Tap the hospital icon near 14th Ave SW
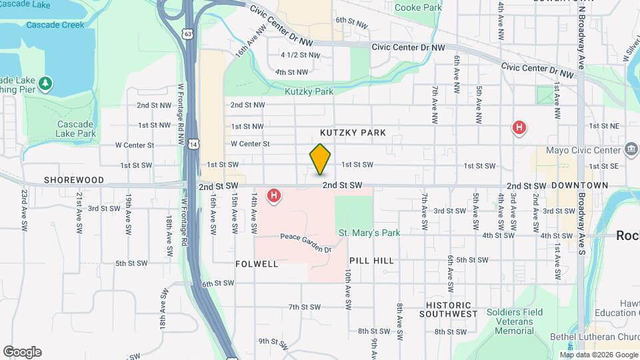tap(273, 196)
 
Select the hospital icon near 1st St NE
tap(519, 127)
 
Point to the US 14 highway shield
tap(193, 144)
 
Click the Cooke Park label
tap(418, 7)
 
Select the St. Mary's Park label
tap(369, 233)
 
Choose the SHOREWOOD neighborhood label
tap(74, 180)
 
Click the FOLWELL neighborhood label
tap(257, 264)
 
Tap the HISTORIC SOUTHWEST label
tap(452, 309)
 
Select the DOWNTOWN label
tap(579, 185)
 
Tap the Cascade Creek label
tap(55, 25)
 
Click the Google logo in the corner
tap(21, 352)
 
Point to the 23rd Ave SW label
tap(24, 206)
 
